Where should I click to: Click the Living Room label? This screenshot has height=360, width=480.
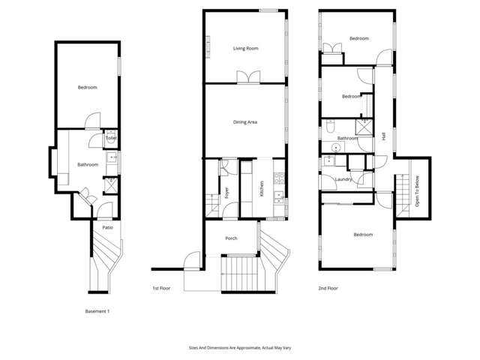[245, 49]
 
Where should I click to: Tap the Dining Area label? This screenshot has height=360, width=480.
[245, 121]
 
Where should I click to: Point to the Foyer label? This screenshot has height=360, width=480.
[227, 193]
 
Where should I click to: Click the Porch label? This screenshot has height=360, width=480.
[231, 239]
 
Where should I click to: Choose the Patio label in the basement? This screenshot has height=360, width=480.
[107, 227]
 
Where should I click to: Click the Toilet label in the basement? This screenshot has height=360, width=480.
[110, 138]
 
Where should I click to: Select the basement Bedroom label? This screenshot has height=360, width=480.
[88, 88]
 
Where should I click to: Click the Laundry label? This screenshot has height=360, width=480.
[344, 179]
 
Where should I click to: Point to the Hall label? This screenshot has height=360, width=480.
[383, 137]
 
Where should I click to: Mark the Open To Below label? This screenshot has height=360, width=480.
[417, 193]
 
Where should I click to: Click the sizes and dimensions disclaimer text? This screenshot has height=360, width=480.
[239, 348]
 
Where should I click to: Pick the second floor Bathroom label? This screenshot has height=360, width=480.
[347, 138]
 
